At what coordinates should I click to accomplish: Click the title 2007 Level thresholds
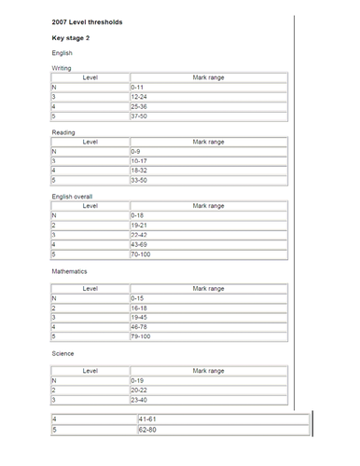pos(87,21)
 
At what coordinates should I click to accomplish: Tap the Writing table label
pos(61,67)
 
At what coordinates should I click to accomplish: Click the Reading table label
pos(62,132)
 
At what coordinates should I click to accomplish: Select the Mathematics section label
pos(69,271)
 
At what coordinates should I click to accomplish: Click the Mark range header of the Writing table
pos(208,76)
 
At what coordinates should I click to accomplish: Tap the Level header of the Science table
pos(90,370)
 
